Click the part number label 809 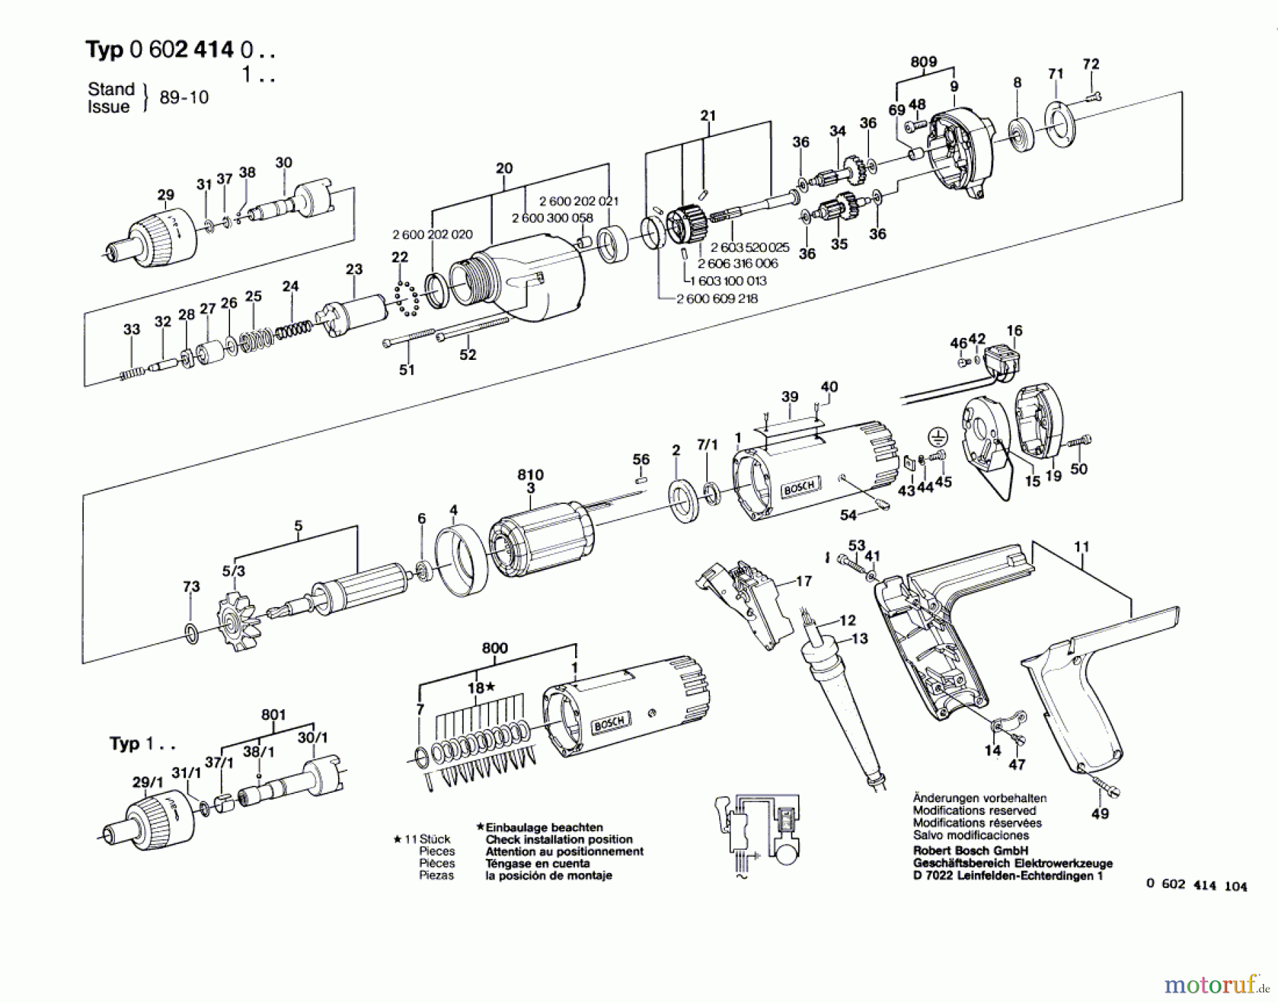(x=923, y=62)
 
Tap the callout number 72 (x=1091, y=64)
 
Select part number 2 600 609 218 (x=717, y=299)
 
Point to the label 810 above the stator (x=530, y=475)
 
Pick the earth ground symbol (x=938, y=437)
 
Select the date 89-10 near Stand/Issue (x=184, y=97)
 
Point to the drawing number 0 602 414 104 (x=1196, y=885)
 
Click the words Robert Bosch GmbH (x=970, y=850)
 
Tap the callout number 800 (x=494, y=648)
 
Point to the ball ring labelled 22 (x=407, y=298)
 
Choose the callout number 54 (x=848, y=515)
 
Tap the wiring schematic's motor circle (x=786, y=850)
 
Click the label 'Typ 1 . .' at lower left (x=142, y=744)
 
